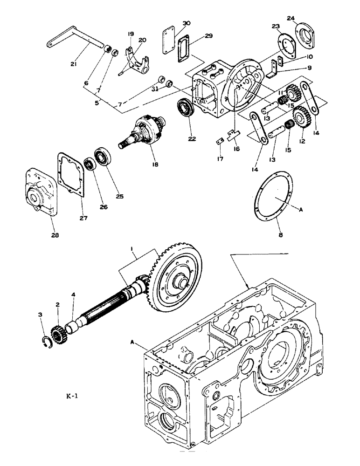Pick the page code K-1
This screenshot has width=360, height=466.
coord(73,397)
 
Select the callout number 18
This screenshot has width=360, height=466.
coord(149,164)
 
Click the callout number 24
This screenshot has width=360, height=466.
coord(304,19)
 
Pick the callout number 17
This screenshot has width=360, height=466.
coord(221,159)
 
